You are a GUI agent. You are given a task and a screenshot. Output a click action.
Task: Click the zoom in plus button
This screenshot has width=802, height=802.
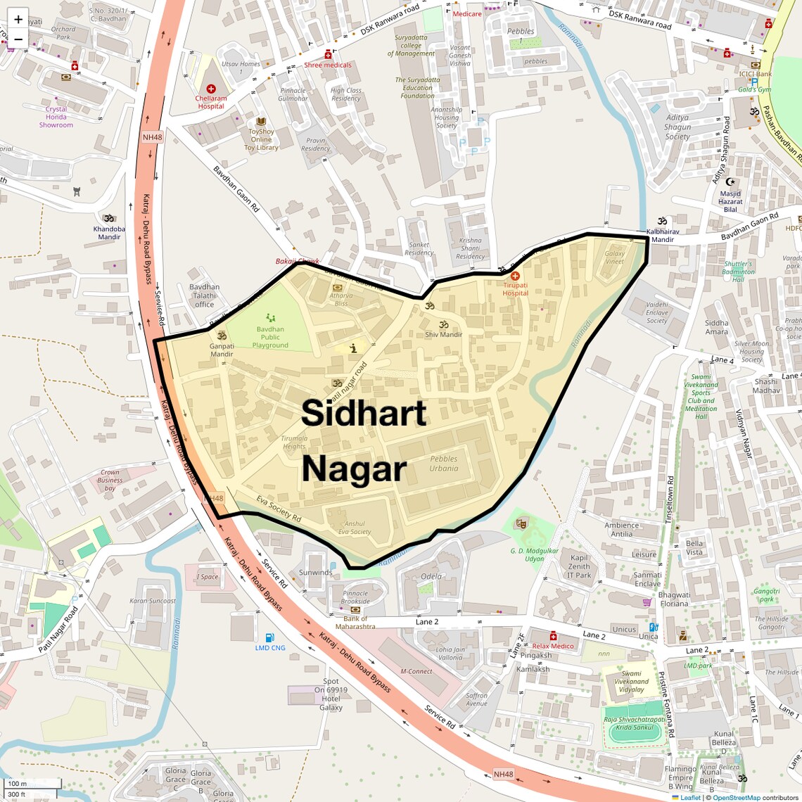tap(18, 19)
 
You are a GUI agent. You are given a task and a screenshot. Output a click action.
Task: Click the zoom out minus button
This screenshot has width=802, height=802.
tap(18, 39)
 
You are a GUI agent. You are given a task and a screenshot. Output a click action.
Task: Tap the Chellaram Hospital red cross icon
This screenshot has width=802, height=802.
tap(211, 89)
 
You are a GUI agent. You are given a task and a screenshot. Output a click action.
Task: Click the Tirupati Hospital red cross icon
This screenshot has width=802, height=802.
tap(515, 276)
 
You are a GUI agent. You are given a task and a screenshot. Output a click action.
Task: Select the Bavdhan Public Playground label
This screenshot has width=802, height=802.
tap(270, 337)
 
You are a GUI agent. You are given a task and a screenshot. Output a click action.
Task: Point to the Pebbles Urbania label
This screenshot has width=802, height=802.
tap(444, 464)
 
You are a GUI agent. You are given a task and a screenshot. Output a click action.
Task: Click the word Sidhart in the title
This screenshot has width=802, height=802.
tap(364, 413)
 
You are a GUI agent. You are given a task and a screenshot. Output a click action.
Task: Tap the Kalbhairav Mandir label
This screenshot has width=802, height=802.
tap(663, 235)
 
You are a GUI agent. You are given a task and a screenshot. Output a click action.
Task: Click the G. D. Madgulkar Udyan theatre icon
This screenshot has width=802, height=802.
tap(521, 523)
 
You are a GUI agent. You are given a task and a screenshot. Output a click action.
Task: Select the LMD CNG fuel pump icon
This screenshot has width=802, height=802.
tap(269, 638)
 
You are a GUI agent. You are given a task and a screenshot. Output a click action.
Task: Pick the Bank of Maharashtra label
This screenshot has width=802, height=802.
tap(355, 623)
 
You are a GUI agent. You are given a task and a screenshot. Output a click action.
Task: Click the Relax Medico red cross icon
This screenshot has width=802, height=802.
tap(553, 636)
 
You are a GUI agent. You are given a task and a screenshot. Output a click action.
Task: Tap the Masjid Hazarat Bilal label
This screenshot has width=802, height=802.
tap(730, 201)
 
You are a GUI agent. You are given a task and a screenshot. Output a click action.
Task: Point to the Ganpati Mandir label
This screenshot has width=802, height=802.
tap(222, 350)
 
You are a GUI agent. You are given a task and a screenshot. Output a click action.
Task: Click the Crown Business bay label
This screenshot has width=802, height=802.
tap(110, 480)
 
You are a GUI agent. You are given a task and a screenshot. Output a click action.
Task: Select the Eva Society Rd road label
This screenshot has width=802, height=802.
tap(279, 509)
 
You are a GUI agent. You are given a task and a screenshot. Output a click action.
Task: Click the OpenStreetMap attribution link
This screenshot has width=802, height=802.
tap(737, 798)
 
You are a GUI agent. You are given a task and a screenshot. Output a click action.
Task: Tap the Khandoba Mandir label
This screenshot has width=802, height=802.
tap(109, 233)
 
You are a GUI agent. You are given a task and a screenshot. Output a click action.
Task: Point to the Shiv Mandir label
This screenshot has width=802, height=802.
tap(443, 334)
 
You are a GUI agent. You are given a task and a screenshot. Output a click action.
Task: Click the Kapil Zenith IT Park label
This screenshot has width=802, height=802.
tap(579, 566)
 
